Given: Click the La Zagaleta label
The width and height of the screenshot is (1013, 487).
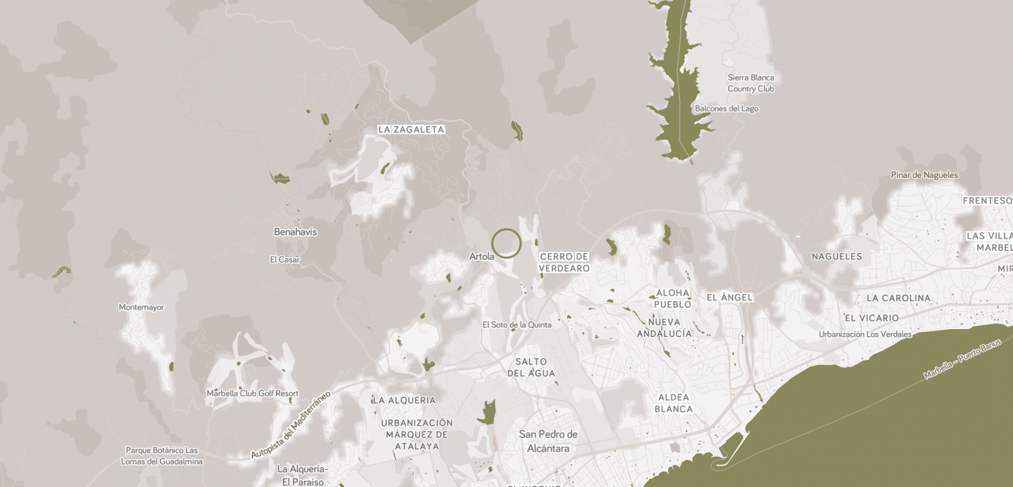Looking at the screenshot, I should [411, 130].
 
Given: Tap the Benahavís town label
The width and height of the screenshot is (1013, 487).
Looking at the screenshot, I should [295, 231].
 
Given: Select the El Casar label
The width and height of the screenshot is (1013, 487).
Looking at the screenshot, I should [285, 259].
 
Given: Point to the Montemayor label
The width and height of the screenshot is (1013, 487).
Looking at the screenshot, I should [142, 307].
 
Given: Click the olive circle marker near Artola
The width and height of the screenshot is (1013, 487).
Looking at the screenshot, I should [507, 243].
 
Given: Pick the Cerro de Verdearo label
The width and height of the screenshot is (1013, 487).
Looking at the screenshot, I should [564, 262].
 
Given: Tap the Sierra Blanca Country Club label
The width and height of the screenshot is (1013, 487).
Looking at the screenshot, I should [751, 83].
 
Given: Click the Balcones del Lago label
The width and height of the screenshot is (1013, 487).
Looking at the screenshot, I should [727, 108].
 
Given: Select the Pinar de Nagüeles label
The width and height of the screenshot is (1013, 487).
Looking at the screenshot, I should [924, 175].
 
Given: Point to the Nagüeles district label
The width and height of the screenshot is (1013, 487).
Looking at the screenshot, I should [837, 256].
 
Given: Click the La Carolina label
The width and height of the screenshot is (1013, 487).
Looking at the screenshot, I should [899, 298].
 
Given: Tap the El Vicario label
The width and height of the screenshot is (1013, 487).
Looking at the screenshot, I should [871, 318].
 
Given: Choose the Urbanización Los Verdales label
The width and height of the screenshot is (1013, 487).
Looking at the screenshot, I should [865, 334].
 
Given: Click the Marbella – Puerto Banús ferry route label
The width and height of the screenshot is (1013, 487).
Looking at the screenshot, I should [962, 358].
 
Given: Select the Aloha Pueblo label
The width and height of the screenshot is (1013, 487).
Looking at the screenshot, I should [673, 299].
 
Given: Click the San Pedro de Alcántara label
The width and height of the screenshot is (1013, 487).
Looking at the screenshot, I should [548, 441].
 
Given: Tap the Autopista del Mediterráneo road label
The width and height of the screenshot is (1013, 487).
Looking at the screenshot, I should [291, 425].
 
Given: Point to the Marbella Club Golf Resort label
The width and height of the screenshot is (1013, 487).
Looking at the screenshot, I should [252, 393].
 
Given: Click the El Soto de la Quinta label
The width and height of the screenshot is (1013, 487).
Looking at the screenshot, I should [517, 325].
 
